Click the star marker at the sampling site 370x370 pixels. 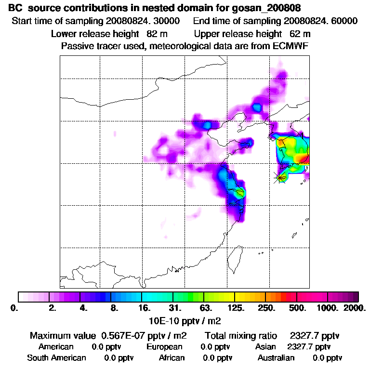pos(280,177)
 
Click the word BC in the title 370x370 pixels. pos(15,9)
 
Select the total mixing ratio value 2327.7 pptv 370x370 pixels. pos(312,335)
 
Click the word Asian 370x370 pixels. pos(265,347)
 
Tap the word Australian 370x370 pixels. pos(276,358)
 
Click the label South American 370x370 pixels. pos(56,358)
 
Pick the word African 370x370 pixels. pos(172,358)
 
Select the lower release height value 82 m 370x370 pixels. pos(154,34)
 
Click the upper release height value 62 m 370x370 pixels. pos(300,34)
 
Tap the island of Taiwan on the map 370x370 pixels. pos(235,258)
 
